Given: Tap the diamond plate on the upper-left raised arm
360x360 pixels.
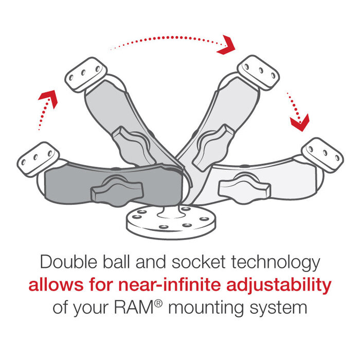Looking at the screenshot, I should point(85,75).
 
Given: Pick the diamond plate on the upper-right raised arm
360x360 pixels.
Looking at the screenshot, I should point(258,71).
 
